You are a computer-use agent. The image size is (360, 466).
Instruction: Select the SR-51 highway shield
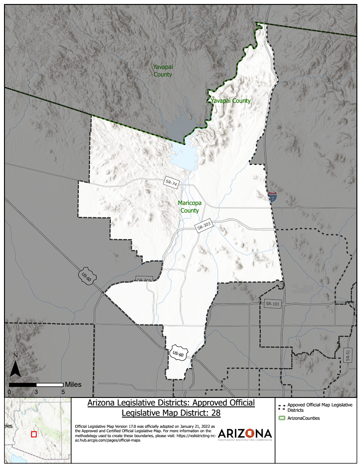click(348, 354)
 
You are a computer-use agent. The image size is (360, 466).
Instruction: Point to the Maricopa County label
click(190, 207)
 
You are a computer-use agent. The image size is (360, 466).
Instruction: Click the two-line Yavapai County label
click(163, 71)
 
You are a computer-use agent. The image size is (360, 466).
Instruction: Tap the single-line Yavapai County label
click(231, 101)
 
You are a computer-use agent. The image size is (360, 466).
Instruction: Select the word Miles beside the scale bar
click(73, 384)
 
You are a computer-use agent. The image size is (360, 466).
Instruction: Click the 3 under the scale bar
click(36, 392)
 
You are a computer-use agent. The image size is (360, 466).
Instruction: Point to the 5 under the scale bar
click(63, 392)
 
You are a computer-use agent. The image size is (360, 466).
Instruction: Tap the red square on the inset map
click(34, 434)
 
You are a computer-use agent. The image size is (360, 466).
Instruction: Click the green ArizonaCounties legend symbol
click(281, 418)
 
